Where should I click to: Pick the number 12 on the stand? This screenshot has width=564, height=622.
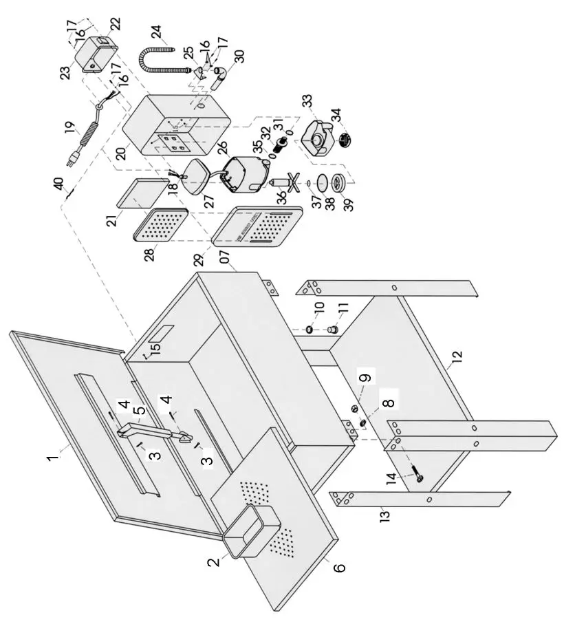[x=457, y=356]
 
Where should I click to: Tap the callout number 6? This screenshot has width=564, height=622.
[x=340, y=568]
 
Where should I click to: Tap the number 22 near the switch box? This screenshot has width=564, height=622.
[x=114, y=23]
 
